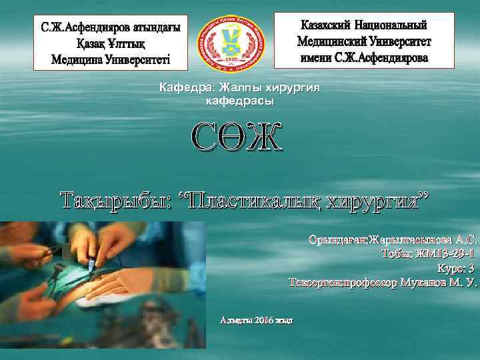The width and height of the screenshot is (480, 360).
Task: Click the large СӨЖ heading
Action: pyautogui.click(x=237, y=137)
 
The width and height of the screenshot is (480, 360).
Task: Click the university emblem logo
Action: pyautogui.click(x=231, y=41)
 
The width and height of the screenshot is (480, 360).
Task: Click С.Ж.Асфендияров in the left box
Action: pyautogui.click(x=82, y=30)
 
